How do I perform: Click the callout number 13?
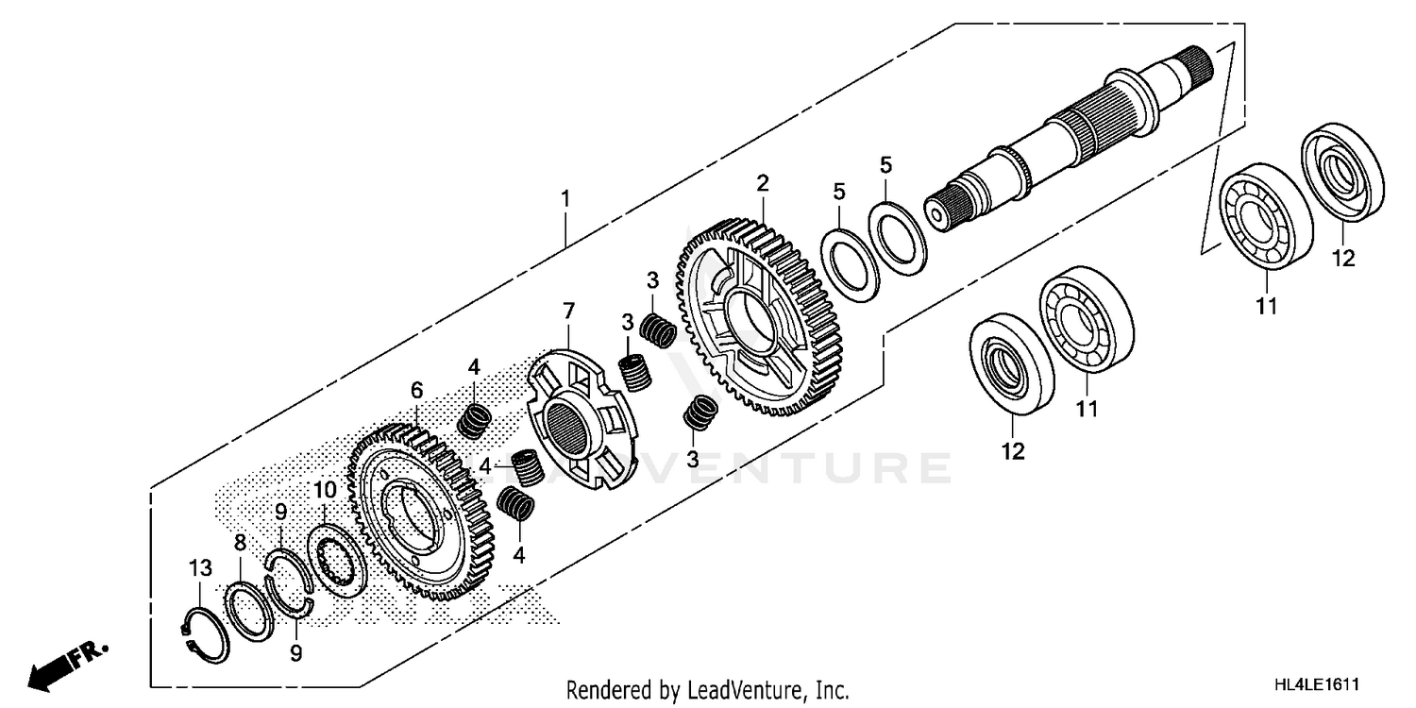pos(200,568)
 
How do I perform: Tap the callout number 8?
pos(240,543)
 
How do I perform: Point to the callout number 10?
pos(324,490)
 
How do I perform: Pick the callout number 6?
pos(416,390)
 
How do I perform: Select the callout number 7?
pos(568,311)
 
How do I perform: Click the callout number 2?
pos(762,183)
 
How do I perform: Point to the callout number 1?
pos(565,199)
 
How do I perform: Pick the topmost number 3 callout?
pos(651,280)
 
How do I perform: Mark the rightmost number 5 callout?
pos(885,165)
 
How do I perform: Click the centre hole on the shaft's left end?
pos(936,215)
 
